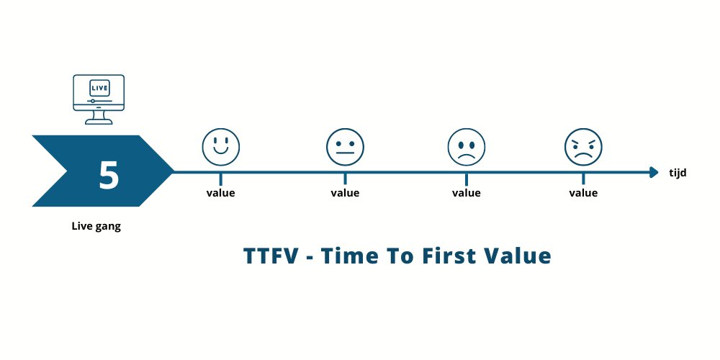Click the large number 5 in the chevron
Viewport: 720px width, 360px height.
coord(109,175)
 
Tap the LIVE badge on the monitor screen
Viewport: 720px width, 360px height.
coord(99,88)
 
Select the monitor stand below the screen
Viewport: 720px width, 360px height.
coord(99,117)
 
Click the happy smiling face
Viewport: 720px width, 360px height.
coord(221,147)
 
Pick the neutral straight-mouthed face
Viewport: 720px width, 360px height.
coord(345,147)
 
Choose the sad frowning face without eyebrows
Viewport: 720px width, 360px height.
coord(466,147)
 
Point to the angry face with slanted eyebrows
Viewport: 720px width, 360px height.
coord(583,147)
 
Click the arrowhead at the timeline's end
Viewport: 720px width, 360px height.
coord(654,172)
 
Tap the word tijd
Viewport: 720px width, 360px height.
coord(678,173)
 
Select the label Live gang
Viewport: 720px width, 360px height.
coord(96,226)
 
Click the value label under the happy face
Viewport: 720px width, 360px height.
coord(220,193)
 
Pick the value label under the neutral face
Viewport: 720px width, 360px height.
coord(345,193)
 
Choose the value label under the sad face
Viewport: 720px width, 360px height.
coord(466,193)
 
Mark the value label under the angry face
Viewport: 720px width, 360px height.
coord(583,193)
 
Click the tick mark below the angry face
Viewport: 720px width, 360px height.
coord(583,179)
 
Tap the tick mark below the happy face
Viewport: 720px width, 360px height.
coord(220,179)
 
